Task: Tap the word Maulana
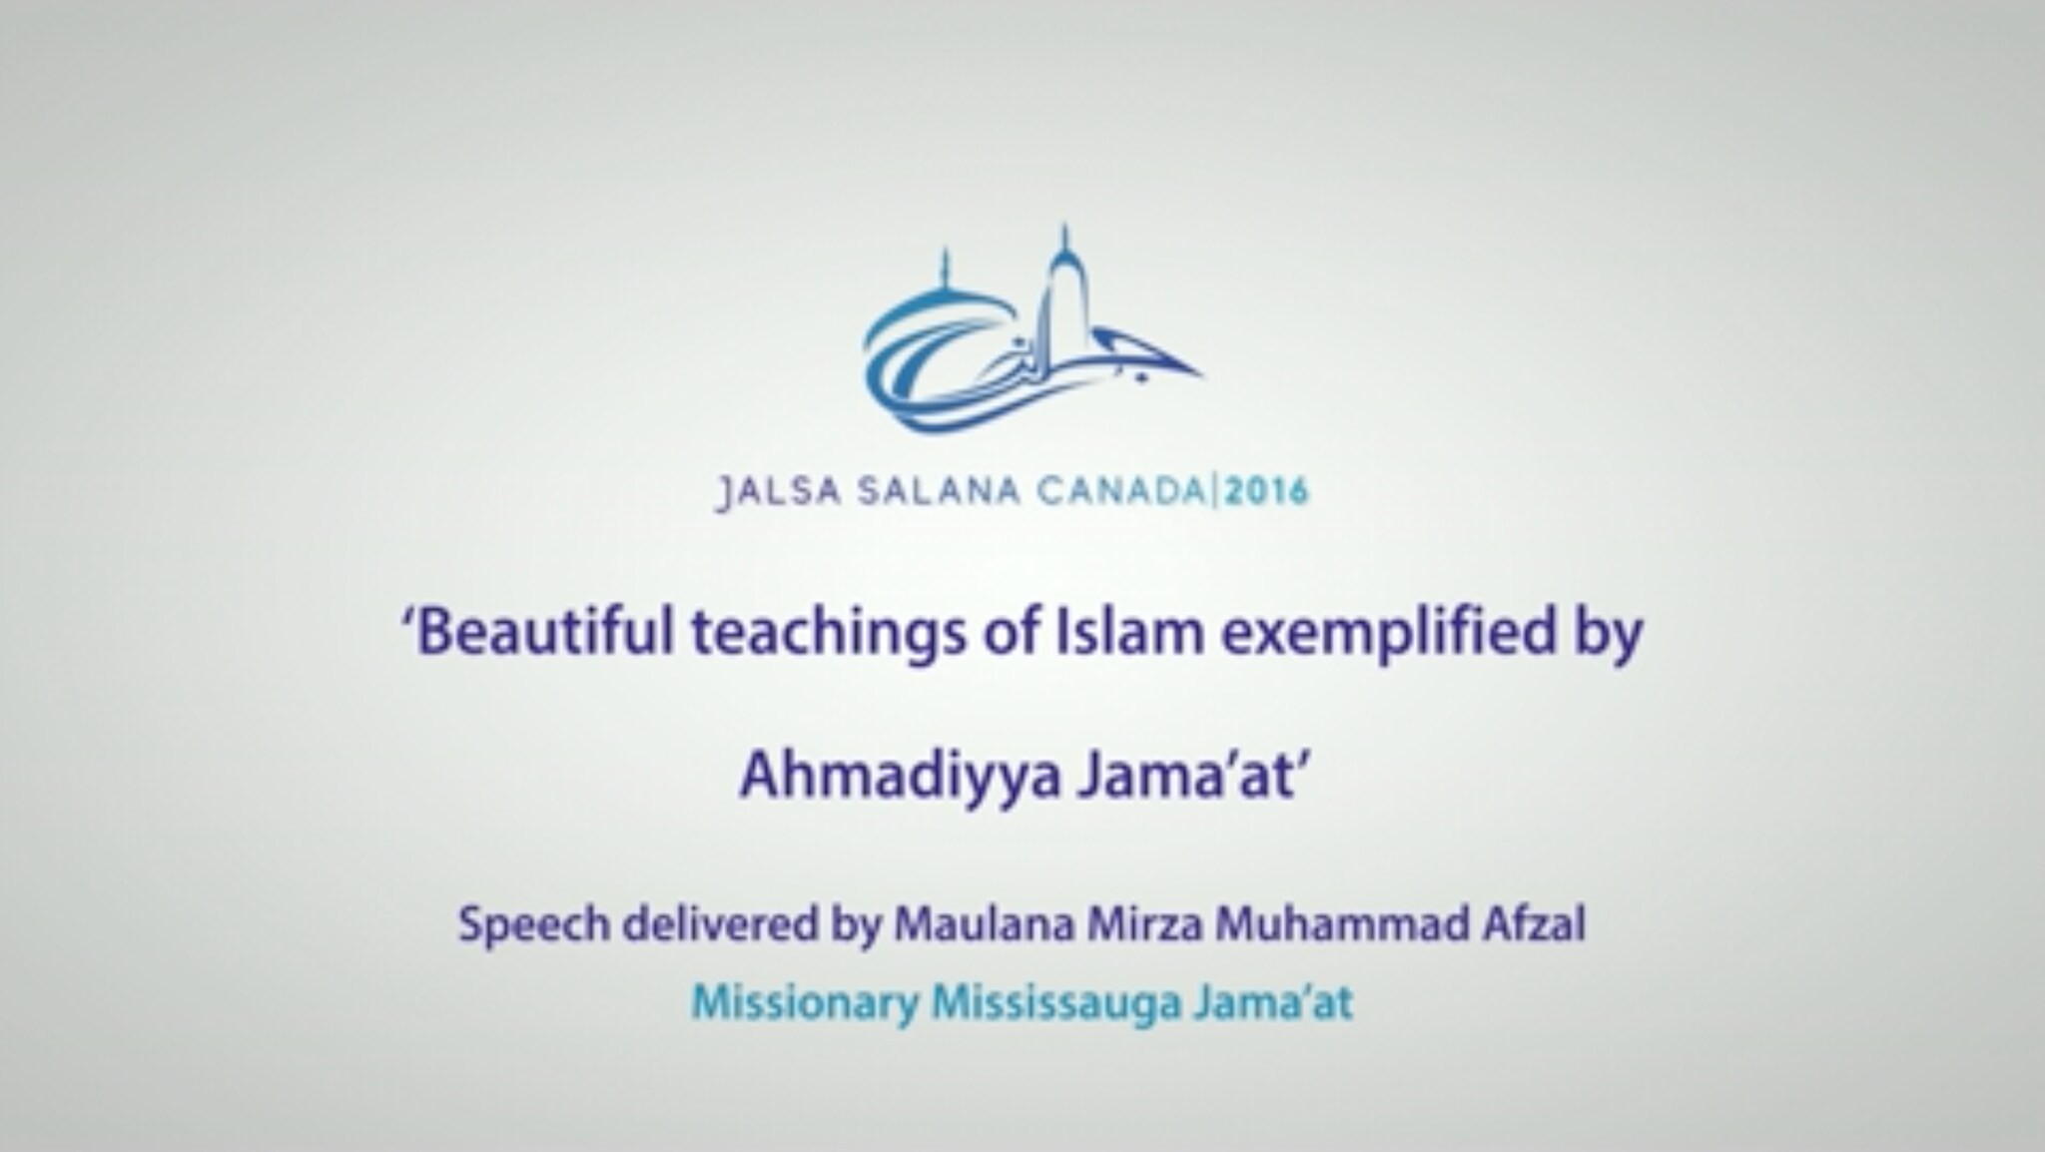click(983, 924)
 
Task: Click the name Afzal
click(1534, 924)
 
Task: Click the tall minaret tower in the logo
click(1064, 299)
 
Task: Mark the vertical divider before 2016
click(1214, 492)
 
